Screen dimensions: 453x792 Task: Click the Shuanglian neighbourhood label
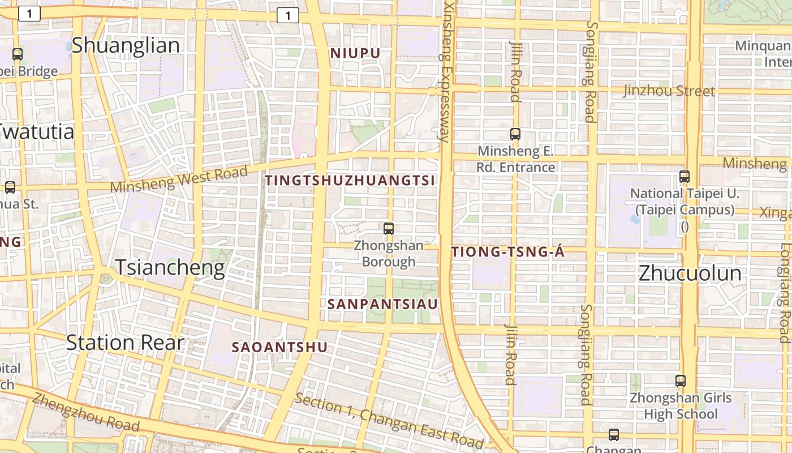pyautogui.click(x=125, y=45)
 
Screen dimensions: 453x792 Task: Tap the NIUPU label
pyautogui.click(x=355, y=53)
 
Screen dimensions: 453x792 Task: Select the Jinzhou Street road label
pyautogui.click(x=669, y=91)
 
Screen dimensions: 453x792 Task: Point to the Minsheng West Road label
pyautogui.click(x=179, y=178)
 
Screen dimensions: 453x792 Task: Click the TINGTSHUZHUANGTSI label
pyautogui.click(x=350, y=181)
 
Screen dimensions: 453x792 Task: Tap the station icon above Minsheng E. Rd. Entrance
pyautogui.click(x=515, y=134)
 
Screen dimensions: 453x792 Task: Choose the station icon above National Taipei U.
pyautogui.click(x=685, y=177)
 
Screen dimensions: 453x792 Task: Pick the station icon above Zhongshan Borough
pyautogui.click(x=389, y=229)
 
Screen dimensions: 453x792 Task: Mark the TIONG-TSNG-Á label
pyautogui.click(x=507, y=253)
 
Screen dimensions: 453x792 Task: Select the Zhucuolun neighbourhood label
pyautogui.click(x=690, y=273)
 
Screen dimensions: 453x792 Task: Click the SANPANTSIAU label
pyautogui.click(x=383, y=304)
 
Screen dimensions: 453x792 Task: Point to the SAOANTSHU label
pyautogui.click(x=279, y=347)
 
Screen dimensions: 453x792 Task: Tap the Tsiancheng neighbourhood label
pyautogui.click(x=170, y=267)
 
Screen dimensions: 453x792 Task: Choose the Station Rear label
pyautogui.click(x=125, y=343)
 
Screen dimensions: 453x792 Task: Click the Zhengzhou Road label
pyautogui.click(x=85, y=411)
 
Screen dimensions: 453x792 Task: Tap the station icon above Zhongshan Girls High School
pyautogui.click(x=681, y=381)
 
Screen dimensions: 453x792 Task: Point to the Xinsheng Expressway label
pyautogui.click(x=447, y=71)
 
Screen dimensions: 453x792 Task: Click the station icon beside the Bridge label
pyautogui.click(x=18, y=54)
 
